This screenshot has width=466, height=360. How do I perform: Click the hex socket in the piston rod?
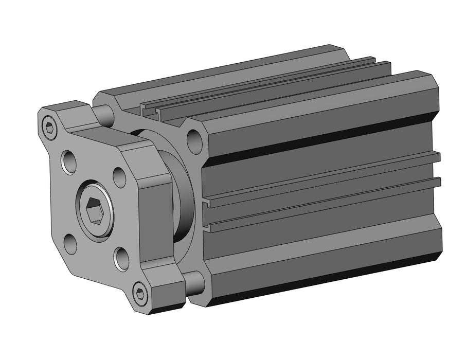click(x=94, y=209)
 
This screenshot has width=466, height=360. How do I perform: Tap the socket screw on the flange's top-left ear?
click(x=49, y=128)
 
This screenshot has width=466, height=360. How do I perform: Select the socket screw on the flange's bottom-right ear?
click(x=140, y=293)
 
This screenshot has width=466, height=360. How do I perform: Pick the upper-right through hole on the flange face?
click(x=119, y=177)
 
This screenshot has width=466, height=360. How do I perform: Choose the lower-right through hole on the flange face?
click(x=121, y=259)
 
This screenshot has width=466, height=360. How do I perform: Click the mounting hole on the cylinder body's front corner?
click(x=194, y=141)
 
